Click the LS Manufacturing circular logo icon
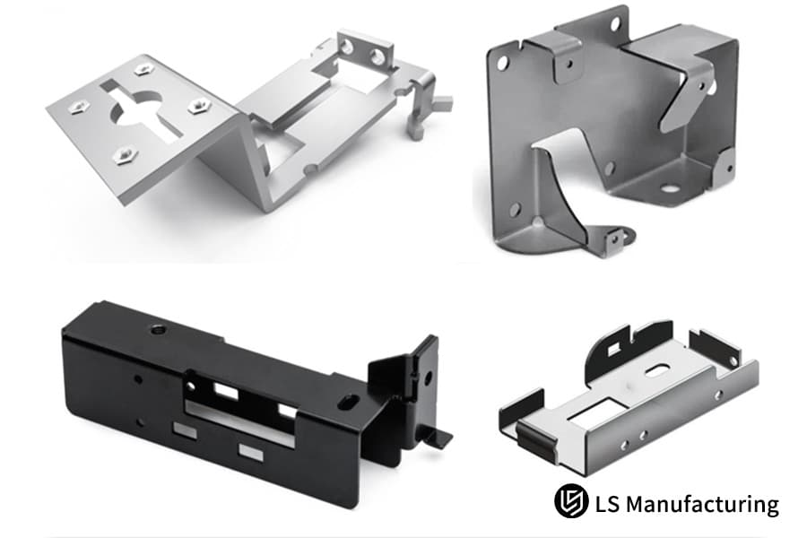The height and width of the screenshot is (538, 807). click(571, 501)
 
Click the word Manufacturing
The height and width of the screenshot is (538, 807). click(702, 504)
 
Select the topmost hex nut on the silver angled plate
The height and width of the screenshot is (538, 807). click(142, 69)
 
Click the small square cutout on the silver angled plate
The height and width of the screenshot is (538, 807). click(108, 84)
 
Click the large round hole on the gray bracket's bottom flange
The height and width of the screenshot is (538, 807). click(669, 188)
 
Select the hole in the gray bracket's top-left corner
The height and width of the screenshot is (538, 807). click(502, 63)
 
